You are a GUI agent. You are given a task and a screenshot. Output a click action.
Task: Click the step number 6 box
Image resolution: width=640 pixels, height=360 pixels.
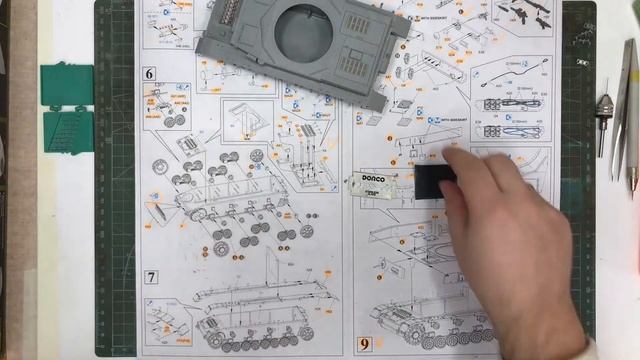pyautogui.click(x=149, y=73)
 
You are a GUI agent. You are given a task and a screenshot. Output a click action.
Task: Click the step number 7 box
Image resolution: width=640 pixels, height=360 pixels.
pyautogui.click(x=151, y=277)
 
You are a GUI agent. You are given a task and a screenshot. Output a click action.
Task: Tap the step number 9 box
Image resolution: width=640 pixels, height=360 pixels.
pyautogui.click(x=365, y=345)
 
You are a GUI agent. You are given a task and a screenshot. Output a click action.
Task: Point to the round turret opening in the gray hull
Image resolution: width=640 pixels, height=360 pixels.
pyautogui.click(x=303, y=34)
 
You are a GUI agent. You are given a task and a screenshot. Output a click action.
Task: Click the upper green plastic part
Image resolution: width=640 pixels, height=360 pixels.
pyautogui.click(x=68, y=83)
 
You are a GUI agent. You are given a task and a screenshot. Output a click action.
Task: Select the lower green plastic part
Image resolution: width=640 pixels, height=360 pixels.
pyautogui.click(x=68, y=129)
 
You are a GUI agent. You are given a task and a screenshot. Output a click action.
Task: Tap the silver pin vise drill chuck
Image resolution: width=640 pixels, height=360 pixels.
pyautogui.click(x=603, y=110)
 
